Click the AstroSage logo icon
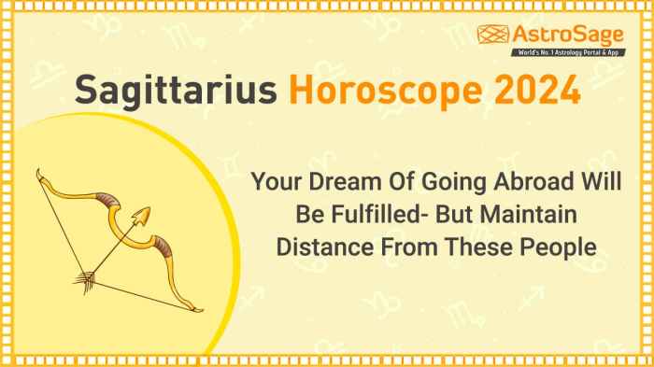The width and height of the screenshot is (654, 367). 493,35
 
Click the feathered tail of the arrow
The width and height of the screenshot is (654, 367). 87,277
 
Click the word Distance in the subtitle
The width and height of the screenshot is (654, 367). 316,247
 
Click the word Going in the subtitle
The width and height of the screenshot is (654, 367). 440,182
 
